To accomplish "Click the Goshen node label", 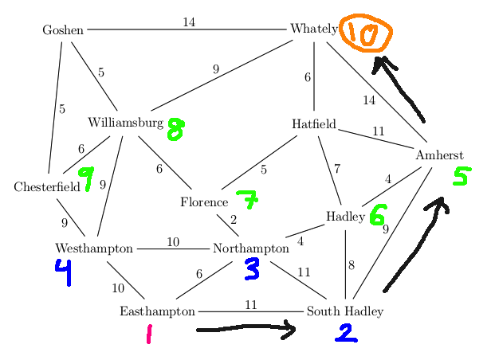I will pos(63,30).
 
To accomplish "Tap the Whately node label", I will pos(313,29).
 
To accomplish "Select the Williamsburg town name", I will pos(125,123).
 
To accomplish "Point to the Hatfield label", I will pos(313,124).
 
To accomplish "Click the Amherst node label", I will pos(438,155).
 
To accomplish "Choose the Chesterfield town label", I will pos(46,187).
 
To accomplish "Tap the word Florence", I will pos(203,202).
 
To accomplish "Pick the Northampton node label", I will pos(250,248).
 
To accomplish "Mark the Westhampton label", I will pos(94,248).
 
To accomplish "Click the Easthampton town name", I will pos(157,311).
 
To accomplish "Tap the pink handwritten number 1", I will pos(149,334).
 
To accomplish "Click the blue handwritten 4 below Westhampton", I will pos(63,273).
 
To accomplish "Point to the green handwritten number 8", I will pos(175,129).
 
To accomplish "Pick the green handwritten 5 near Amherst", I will pos(460,177).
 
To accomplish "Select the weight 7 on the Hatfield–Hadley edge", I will pos(337,169).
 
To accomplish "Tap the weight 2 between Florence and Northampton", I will pos(234,220).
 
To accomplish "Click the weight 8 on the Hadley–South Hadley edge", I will pos(351,265).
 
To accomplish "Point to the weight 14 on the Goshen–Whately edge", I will pos(189,22).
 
